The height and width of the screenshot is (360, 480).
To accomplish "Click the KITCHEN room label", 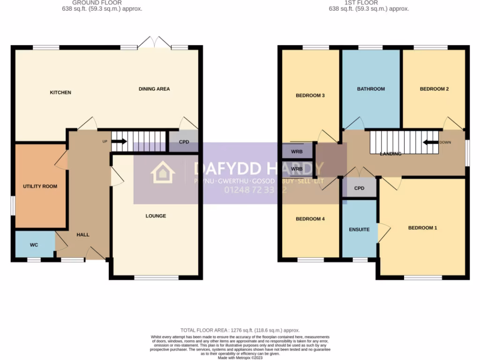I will [x=60, y=92].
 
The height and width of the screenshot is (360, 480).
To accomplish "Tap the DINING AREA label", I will [x=154, y=89].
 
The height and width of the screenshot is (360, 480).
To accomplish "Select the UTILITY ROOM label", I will [x=40, y=186].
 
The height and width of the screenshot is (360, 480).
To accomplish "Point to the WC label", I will [x=34, y=245].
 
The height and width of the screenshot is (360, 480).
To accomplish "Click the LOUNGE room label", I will [x=156, y=216].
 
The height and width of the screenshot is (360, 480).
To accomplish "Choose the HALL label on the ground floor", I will [x=83, y=235].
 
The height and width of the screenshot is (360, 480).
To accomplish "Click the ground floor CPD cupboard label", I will [x=184, y=142].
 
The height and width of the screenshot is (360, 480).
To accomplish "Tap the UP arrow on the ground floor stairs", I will [x=120, y=141].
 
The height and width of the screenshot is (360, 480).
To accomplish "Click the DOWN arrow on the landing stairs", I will [x=430, y=142].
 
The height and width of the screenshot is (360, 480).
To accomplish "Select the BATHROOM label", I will [x=371, y=89].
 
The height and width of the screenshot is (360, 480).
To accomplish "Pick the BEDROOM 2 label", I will [x=434, y=89].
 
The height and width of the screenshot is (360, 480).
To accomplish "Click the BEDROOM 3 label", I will [x=310, y=95].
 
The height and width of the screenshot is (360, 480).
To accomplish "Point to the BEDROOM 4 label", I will [x=310, y=219].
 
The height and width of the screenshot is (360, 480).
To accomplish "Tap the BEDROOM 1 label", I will [x=422, y=228].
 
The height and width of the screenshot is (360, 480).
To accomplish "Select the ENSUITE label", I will [x=359, y=230].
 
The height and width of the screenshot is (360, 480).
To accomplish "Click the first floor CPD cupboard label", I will [x=359, y=188].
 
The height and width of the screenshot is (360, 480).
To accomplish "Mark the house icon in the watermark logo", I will [x=163, y=172].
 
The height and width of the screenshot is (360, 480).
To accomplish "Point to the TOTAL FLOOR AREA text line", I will [x=240, y=330].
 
